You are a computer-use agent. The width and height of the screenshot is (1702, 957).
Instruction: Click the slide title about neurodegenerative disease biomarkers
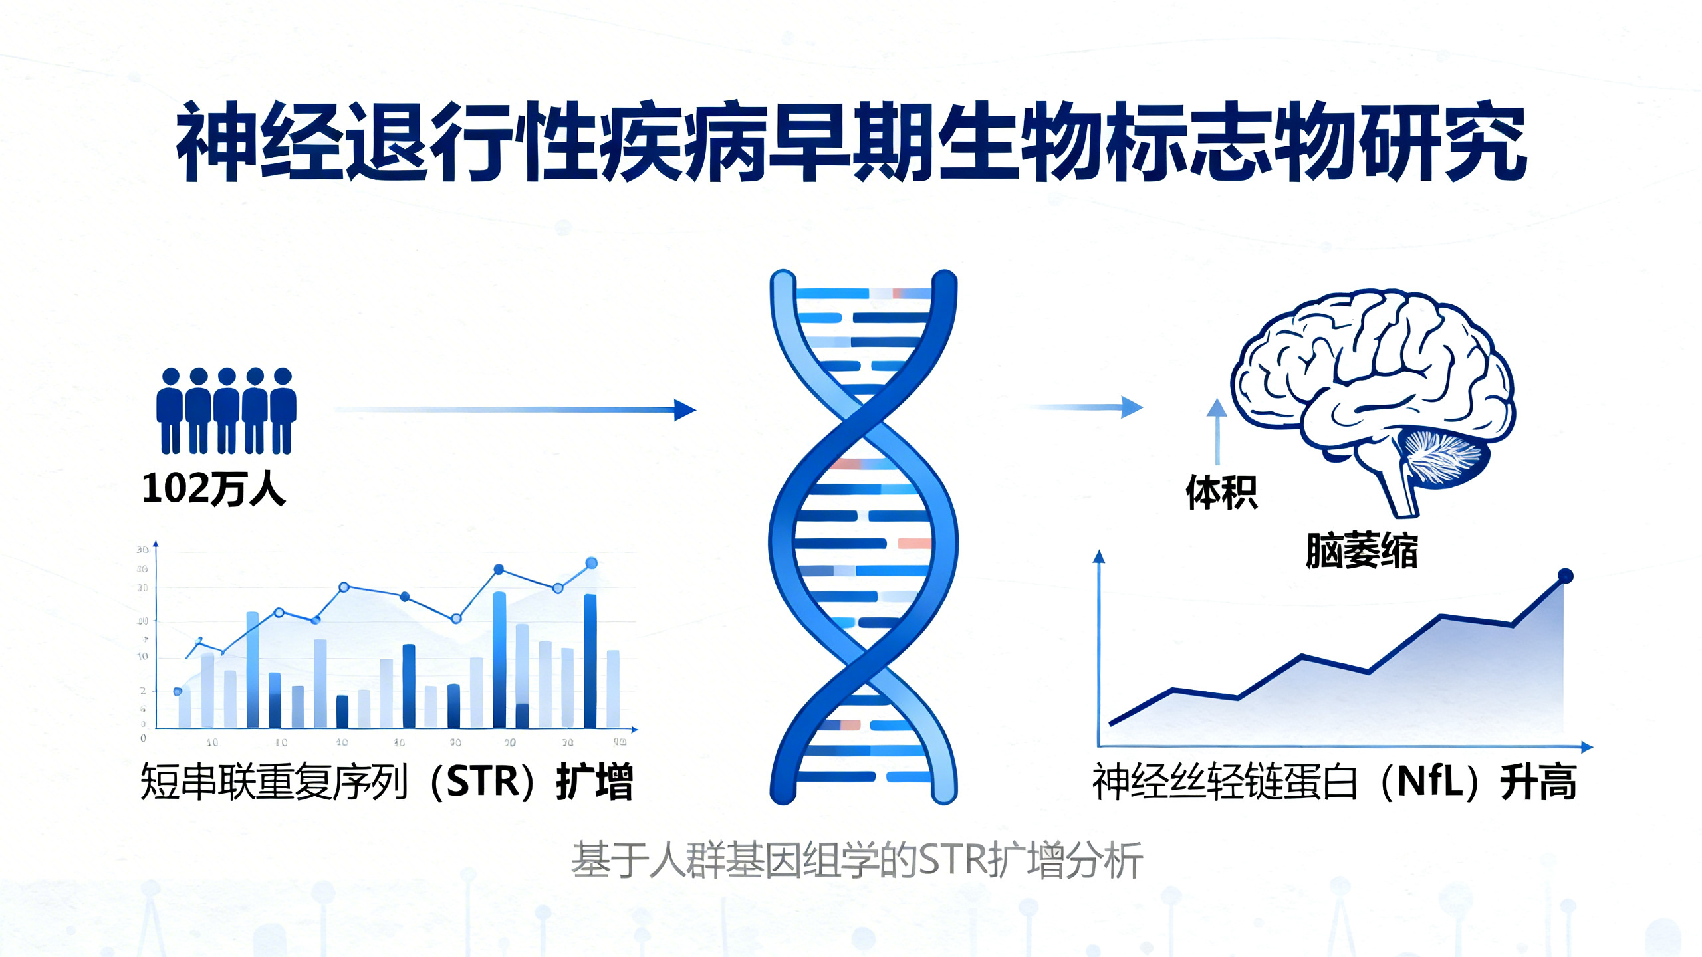pos(851,142)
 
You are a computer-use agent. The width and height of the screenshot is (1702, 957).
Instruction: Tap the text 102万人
pos(213,490)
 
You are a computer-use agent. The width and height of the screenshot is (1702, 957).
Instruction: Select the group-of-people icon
pos(226,410)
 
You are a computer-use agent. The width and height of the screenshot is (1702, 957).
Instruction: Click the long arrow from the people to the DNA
pos(515,410)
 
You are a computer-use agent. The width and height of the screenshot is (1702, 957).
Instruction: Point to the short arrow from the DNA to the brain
pos(1087,407)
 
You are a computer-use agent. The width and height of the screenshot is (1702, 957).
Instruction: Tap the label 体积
pos(1221,492)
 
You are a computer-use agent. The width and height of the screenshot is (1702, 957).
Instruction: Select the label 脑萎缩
pos(1361,550)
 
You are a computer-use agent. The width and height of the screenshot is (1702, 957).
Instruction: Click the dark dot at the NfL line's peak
pos(1566,576)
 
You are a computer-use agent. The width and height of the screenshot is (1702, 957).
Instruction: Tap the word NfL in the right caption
pos(1429,782)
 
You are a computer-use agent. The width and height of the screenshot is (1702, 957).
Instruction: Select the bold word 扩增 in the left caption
pos(594,782)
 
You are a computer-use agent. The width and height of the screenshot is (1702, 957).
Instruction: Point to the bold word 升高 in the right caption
pos(1538,782)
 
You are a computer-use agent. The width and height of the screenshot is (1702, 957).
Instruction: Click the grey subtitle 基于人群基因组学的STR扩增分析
pos(856,860)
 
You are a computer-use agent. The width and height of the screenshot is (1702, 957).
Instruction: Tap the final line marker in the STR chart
pos(591,564)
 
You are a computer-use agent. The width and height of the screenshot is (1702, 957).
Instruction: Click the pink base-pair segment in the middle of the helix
pos(914,544)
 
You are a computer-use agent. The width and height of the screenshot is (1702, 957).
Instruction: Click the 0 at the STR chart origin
pos(143,738)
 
